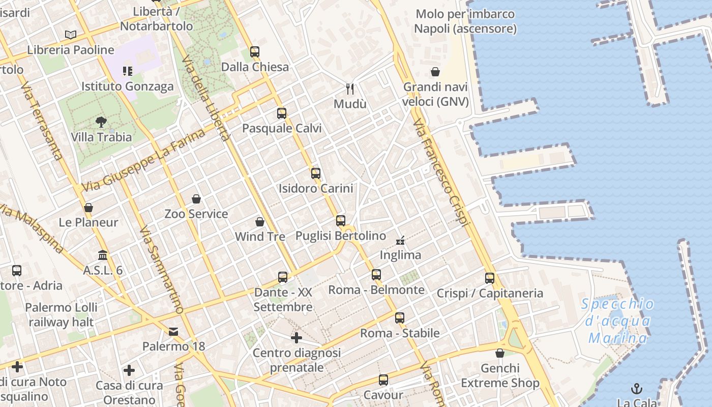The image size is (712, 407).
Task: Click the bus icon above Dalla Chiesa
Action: [254, 51]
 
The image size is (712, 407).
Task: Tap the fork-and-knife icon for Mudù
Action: [350, 89]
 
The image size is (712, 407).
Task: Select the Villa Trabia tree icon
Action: [101, 122]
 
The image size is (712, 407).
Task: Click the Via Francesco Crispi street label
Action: [440, 173]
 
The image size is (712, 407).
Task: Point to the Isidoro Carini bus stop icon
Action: [316, 173]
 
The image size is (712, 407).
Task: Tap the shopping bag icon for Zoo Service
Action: [196, 198]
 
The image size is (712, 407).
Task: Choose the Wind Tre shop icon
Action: [260, 222]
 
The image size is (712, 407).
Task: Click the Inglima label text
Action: [400, 255]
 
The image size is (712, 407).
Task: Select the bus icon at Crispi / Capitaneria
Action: [490, 278]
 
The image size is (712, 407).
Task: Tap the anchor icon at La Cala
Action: [636, 389]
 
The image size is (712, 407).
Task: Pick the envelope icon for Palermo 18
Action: [173, 332]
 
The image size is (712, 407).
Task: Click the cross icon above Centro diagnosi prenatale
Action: [296, 337]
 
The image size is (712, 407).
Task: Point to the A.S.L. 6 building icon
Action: [103, 255]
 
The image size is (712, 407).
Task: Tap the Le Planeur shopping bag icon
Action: [88, 208]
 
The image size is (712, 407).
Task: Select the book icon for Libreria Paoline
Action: [71, 35]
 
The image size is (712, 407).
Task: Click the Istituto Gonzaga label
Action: [128, 86]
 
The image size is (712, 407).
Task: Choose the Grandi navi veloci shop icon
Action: [435, 72]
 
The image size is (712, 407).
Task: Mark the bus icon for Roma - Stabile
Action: [400, 318]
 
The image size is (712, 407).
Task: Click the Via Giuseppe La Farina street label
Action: [144, 160]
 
